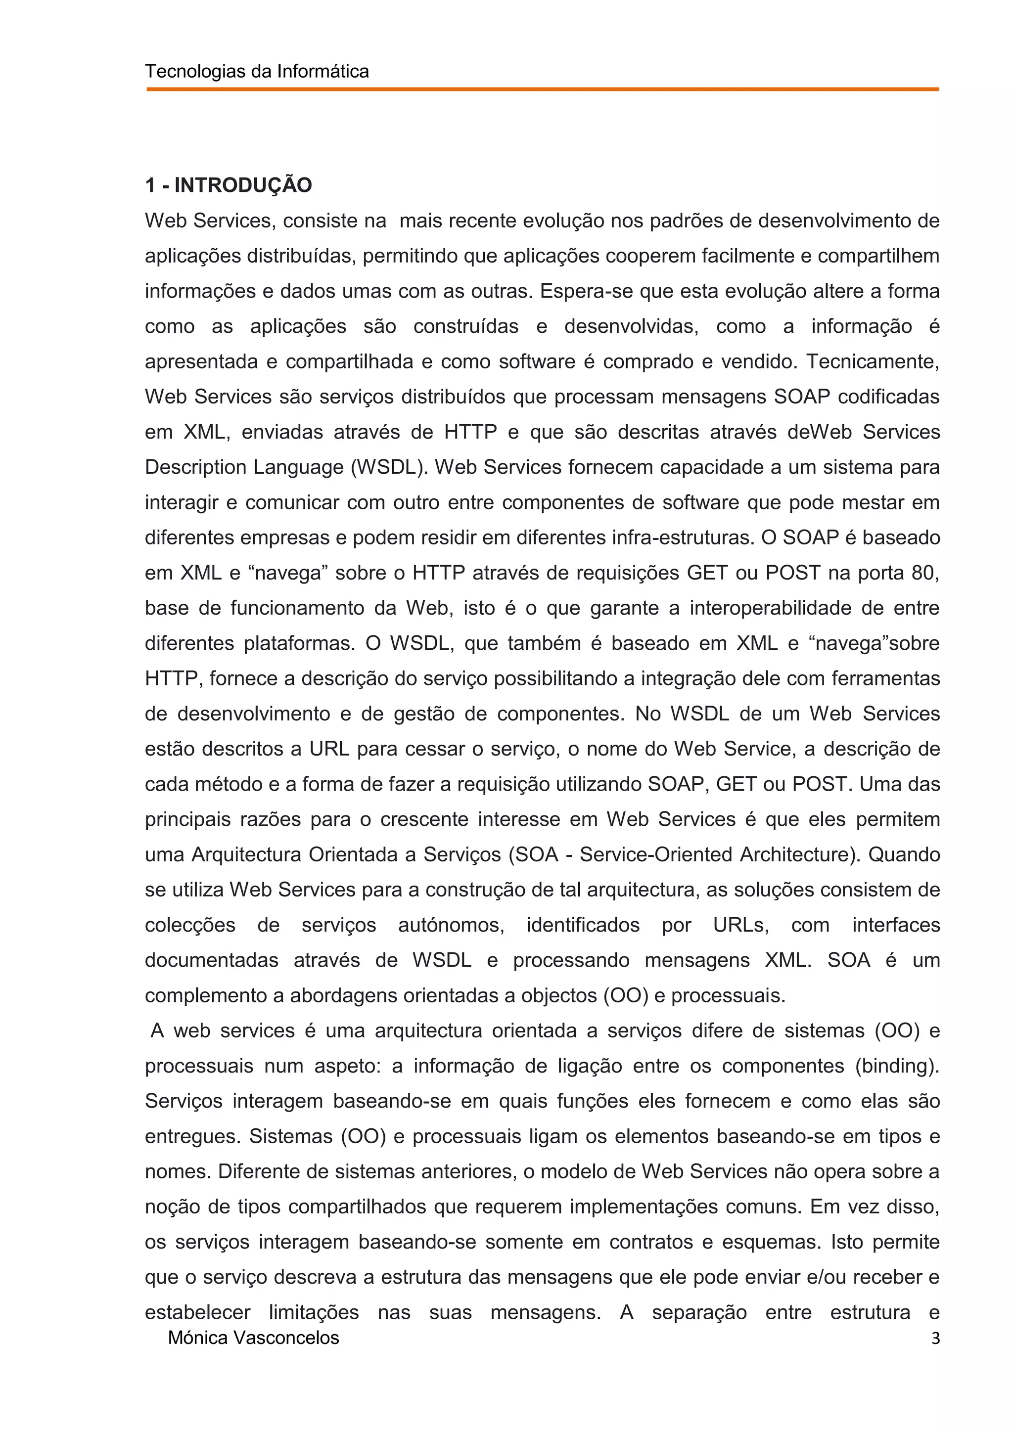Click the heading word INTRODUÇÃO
(243, 186)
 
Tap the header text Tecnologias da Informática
(257, 72)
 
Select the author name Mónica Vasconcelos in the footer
(254, 1338)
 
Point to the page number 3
(935, 1339)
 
